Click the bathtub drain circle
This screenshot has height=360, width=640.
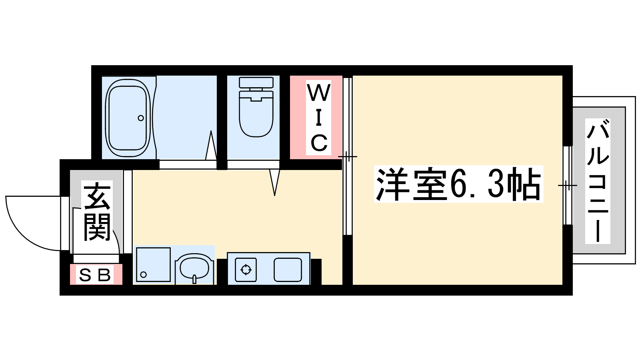tap(140, 118)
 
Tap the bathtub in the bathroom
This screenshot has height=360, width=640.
tap(128, 118)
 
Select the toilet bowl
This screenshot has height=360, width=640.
tap(256, 114)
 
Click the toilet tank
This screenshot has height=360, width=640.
tap(256, 82)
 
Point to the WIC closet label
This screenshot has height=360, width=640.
tap(318, 118)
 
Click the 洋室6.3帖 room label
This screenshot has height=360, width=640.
tap(458, 184)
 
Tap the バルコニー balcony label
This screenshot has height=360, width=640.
tap(598, 181)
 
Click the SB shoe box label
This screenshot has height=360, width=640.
tap(94, 275)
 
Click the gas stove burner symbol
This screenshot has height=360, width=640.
tap(246, 270)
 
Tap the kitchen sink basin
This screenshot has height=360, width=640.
tap(288, 270)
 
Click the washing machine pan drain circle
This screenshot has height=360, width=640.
tap(144, 275)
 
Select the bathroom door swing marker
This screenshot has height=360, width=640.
tap(211, 145)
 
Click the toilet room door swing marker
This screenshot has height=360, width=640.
tap(274, 182)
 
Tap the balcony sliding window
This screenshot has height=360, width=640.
tap(568, 186)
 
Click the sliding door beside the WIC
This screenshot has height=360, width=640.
tap(348, 156)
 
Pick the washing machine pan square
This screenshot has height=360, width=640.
tap(154, 264)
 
